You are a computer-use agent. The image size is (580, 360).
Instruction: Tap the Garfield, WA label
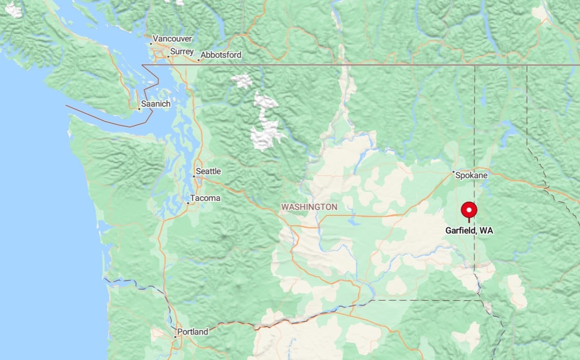tap(469, 230)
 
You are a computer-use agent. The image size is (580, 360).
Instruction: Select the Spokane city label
tap(471, 175)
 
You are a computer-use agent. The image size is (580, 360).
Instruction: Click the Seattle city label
tap(208, 171)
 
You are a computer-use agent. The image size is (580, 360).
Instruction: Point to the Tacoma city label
tap(205, 198)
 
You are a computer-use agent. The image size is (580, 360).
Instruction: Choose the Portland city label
tap(192, 331)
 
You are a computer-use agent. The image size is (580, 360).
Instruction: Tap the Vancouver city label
tap(172, 38)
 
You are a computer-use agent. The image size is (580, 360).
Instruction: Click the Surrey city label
tap(182, 52)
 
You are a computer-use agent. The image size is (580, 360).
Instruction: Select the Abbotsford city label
tap(221, 55)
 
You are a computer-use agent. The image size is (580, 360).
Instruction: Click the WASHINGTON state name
tap(309, 207)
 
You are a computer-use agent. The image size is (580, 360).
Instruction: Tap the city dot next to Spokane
tap(453, 172)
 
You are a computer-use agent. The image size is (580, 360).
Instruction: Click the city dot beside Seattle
tap(194, 176)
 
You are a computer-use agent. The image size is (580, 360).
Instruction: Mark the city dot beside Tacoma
tap(188, 202)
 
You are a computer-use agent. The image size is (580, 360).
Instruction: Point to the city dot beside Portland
tap(175, 337)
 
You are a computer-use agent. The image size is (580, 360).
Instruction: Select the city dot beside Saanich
tap(140, 109)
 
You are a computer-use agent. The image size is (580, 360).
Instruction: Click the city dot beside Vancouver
tap(151, 43)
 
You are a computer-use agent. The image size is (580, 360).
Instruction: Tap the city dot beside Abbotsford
tap(198, 60)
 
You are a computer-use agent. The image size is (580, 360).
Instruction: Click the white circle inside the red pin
tap(469, 210)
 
